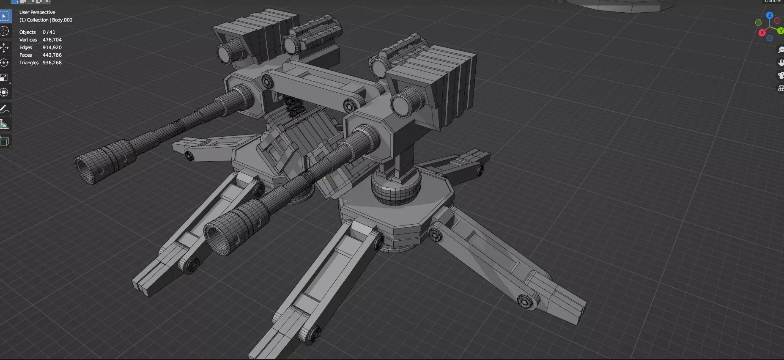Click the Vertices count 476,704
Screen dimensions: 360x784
pyautogui.click(x=52, y=40)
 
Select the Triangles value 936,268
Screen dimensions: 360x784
pyautogui.click(x=52, y=63)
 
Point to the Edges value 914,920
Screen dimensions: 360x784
pyautogui.click(x=52, y=47)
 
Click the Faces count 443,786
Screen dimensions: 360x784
pyautogui.click(x=52, y=55)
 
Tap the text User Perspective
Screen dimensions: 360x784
pyautogui.click(x=37, y=12)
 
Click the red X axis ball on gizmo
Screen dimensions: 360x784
pyautogui.click(x=762, y=33)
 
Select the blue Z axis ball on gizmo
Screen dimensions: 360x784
pyautogui.click(x=770, y=15)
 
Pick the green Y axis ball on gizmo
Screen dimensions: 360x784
pyautogui.click(x=780, y=31)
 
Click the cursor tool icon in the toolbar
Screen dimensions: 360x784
pyautogui.click(x=5, y=31)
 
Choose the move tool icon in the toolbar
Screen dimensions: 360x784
pyautogui.click(x=5, y=47)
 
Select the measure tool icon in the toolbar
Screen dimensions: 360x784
pyautogui.click(x=5, y=125)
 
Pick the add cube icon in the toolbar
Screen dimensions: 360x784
pyautogui.click(x=5, y=141)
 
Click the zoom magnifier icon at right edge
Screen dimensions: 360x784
pyautogui.click(x=781, y=50)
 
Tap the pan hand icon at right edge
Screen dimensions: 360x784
pyautogui.click(x=781, y=63)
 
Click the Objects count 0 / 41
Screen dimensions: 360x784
pyautogui.click(x=49, y=32)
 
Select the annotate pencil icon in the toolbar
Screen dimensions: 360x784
pyautogui.click(x=5, y=109)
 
